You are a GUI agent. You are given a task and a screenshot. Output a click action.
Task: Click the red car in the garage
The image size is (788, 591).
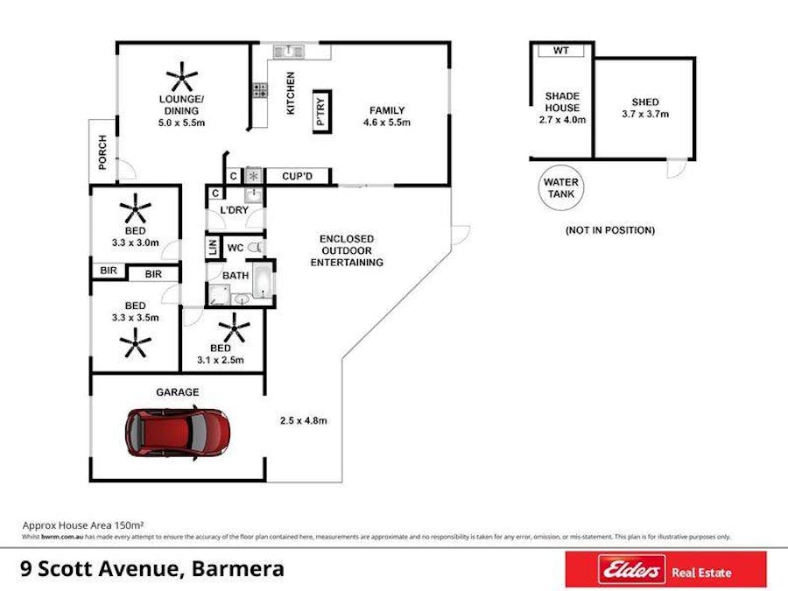pos(178,432)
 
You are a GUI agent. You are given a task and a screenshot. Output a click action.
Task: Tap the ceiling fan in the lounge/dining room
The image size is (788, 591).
pos(183,77)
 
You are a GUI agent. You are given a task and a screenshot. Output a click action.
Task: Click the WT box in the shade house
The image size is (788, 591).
pos(561,51)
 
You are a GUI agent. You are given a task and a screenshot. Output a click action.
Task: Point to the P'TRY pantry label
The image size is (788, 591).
pos(320,112)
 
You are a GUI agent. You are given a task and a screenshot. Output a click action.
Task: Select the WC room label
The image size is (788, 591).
pos(234,249)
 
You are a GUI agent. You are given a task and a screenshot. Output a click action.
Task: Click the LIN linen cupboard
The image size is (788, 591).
pos(212,249)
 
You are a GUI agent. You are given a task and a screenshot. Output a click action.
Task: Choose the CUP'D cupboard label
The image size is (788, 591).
pos(298,176)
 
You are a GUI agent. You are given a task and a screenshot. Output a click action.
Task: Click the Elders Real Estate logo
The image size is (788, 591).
pos(665,571)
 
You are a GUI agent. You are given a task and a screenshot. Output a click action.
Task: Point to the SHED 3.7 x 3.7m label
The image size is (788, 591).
pos(644,108)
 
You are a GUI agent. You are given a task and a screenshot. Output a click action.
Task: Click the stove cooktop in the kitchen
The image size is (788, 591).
pos(260,89)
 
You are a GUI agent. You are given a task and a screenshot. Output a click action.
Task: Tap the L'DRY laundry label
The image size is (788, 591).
pos(234,211)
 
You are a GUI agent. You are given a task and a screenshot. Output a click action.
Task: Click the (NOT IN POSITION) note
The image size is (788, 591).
pos(610,230)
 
